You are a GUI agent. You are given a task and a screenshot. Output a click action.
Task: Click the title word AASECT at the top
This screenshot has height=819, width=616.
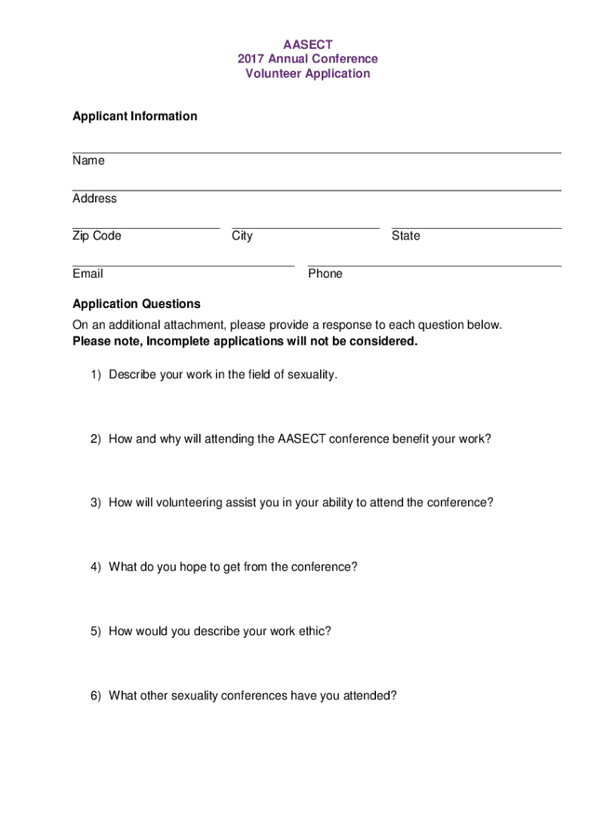[x=308, y=44]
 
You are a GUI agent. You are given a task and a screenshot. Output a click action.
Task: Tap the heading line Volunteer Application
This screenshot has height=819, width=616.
[x=308, y=74]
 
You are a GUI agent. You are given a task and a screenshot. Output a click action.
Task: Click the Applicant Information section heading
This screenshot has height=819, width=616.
[x=134, y=116]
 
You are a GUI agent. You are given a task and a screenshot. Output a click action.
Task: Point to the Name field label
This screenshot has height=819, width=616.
[x=88, y=161]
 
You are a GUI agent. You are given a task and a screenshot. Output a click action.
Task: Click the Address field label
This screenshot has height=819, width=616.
[x=94, y=198]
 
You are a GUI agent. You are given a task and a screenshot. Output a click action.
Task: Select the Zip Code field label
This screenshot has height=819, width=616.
[x=97, y=236]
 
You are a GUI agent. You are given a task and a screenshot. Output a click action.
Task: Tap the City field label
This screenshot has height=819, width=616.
[x=242, y=236]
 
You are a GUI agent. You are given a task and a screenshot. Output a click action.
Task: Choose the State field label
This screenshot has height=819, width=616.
[x=406, y=236]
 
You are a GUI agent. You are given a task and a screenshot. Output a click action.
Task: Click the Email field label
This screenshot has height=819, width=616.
[x=87, y=274]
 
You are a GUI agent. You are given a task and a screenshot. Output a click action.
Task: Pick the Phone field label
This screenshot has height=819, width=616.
[x=325, y=274]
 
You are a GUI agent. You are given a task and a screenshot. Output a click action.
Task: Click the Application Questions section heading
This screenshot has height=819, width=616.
[x=136, y=304]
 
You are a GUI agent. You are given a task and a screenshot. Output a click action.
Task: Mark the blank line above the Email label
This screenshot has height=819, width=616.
[x=182, y=265]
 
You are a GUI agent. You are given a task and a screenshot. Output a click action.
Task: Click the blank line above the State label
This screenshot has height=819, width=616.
[x=476, y=228]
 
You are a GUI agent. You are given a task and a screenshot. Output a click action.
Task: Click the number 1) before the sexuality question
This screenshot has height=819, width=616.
[x=96, y=374]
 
